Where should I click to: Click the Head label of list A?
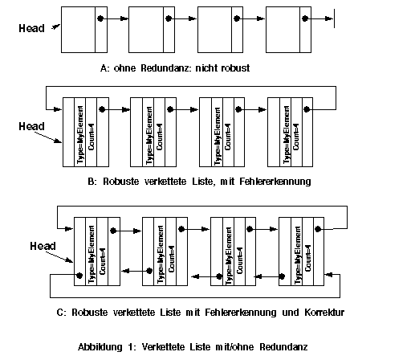pyautogui.click(x=31, y=28)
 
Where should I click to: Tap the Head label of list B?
pyautogui.click(x=31, y=126)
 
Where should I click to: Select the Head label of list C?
pyautogui.click(x=43, y=246)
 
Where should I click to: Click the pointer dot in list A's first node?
pyautogui.click(x=100, y=18)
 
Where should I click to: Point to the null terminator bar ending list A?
pyautogui.click(x=334, y=18)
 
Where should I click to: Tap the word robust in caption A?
pyautogui.click(x=236, y=68)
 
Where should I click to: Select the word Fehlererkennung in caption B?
pyautogui.click(x=275, y=182)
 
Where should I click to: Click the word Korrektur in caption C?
pyautogui.click(x=324, y=313)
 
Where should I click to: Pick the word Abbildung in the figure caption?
pyautogui.click(x=100, y=347)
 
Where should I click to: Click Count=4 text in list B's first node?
pyautogui.click(x=92, y=137)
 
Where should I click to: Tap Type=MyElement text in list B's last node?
pyautogui.click(x=287, y=135)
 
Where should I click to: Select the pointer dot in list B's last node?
pyautogui.click(x=307, y=109)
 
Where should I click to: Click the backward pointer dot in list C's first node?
pyautogui.click(x=79, y=276)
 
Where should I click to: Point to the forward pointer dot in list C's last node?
pyautogui.click(x=318, y=229)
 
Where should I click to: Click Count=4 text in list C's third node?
pyautogui.click(x=240, y=260)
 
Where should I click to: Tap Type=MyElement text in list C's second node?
pyautogui.click(x=161, y=255)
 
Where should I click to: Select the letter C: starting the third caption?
pyautogui.click(x=60, y=313)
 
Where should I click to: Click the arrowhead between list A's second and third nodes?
pyautogui.click(x=193, y=18)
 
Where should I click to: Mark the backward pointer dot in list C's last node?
pyautogui.click(x=282, y=276)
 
